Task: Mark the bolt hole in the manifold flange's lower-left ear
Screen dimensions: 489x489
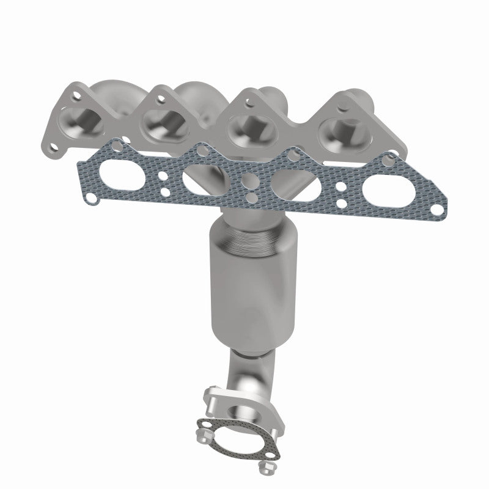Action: (x=56, y=146)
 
